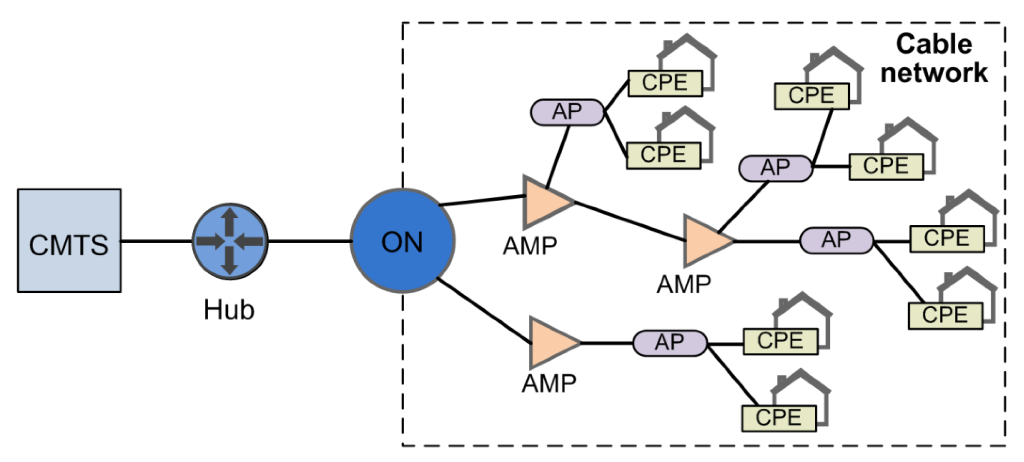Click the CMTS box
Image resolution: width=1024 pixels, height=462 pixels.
(x=69, y=241)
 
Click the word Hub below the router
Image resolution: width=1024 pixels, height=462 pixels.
(x=229, y=310)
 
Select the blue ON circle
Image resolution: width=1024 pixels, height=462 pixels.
(x=402, y=241)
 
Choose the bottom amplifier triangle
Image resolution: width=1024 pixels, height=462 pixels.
(x=551, y=342)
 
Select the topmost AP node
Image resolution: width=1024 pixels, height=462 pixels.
(x=567, y=112)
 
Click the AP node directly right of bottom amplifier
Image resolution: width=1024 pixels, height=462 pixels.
(x=669, y=343)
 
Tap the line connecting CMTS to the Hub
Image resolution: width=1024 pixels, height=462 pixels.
(x=156, y=241)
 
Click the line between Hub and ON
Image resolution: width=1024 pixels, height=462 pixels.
(x=309, y=241)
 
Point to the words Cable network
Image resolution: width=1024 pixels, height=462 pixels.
(x=934, y=59)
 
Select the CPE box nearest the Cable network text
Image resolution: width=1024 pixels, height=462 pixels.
(x=811, y=96)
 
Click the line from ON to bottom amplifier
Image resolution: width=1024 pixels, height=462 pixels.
(x=484, y=311)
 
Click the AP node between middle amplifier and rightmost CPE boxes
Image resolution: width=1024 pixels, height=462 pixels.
(x=836, y=241)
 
